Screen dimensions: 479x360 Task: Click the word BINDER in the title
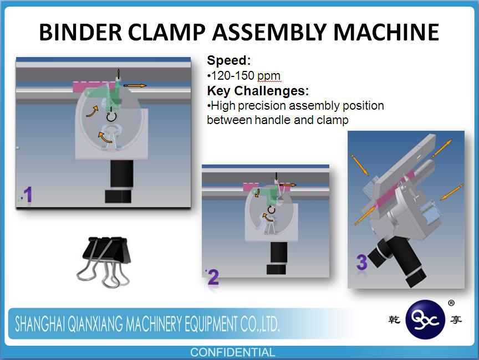(80, 32)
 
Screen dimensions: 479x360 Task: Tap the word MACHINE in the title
(386, 32)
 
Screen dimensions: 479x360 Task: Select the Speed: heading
(229, 60)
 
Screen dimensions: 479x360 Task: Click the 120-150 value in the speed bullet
(233, 75)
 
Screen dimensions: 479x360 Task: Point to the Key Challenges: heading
(258, 91)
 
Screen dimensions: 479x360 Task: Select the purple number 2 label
(213, 277)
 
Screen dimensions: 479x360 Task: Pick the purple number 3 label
(361, 263)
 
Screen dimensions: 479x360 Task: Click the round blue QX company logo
(425, 319)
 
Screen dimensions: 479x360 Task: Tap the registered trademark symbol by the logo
(451, 303)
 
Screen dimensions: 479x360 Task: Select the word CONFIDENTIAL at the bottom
(232, 352)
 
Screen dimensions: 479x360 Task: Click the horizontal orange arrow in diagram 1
(135, 86)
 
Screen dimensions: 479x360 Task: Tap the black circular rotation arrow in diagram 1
(111, 116)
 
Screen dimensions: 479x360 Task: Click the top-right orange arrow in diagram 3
(442, 148)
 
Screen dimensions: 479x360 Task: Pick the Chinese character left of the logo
(394, 320)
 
